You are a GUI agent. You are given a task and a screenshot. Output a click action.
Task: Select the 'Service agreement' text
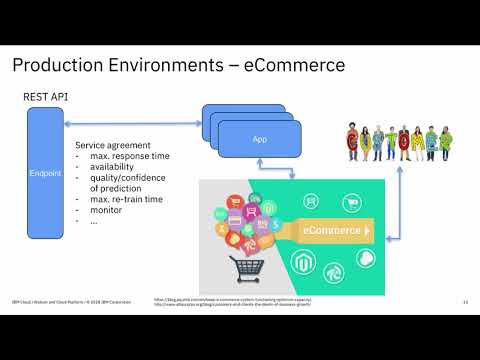click(114, 144)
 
